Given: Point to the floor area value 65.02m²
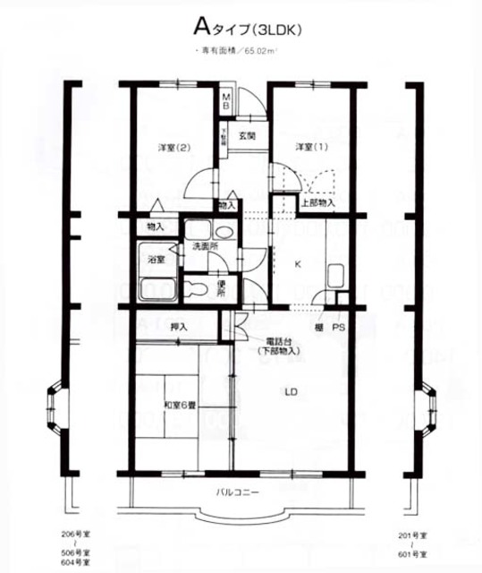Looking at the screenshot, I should tap(258, 52).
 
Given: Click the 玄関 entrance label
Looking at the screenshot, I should tap(248, 137).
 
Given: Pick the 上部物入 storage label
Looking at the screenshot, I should tap(317, 203).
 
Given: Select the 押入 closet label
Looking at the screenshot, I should tap(177, 328).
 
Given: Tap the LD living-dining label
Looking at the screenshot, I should tap(292, 391).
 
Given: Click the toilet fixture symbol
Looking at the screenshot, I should tap(195, 288).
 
